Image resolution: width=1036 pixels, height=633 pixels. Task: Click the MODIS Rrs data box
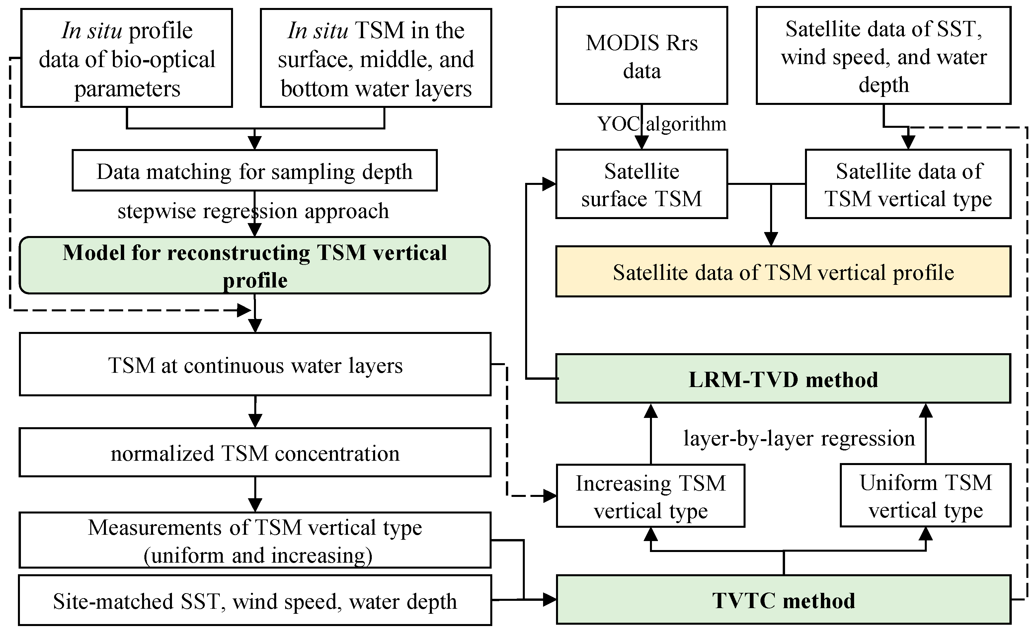point(642,56)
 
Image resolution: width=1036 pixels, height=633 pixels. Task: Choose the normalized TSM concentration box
point(255,453)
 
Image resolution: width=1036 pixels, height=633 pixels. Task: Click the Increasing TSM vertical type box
point(650,496)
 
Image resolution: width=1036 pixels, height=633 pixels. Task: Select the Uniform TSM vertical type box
point(925,496)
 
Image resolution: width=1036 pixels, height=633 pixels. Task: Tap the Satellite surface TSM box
point(642,184)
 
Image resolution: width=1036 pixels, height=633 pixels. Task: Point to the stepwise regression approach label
point(253,211)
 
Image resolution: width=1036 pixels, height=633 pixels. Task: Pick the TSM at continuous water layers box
point(255,364)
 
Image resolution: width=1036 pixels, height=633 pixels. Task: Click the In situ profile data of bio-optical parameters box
point(126,58)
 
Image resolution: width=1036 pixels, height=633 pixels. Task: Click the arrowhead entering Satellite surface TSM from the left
point(549,184)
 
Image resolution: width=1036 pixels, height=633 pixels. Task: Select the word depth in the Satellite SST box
point(883,85)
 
